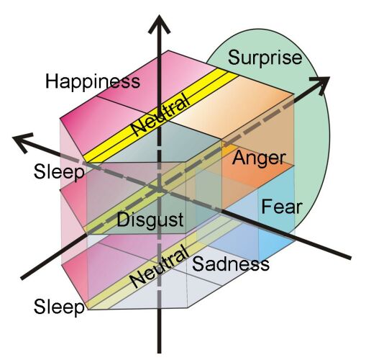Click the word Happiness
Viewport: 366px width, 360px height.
click(93, 82)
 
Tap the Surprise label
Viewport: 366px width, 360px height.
click(265, 58)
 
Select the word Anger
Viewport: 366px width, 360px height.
click(259, 159)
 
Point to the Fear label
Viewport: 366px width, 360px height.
click(281, 207)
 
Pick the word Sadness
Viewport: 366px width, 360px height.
click(231, 264)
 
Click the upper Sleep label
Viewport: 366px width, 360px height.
click(59, 172)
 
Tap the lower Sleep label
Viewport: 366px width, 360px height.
click(59, 307)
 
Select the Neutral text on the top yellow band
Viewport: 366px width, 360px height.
click(161, 114)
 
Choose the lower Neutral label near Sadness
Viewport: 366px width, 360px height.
click(158, 266)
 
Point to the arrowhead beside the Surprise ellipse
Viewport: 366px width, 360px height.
click(321, 84)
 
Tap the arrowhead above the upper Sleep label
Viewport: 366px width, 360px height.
click(22, 142)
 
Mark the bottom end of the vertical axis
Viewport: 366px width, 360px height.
click(159, 352)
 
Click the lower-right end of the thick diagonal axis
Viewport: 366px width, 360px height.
click(349, 258)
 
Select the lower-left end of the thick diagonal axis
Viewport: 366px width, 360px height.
click(22, 279)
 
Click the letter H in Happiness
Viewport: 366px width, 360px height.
click(52, 81)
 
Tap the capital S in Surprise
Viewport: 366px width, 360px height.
click(234, 58)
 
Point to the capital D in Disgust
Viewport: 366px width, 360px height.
click(123, 219)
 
